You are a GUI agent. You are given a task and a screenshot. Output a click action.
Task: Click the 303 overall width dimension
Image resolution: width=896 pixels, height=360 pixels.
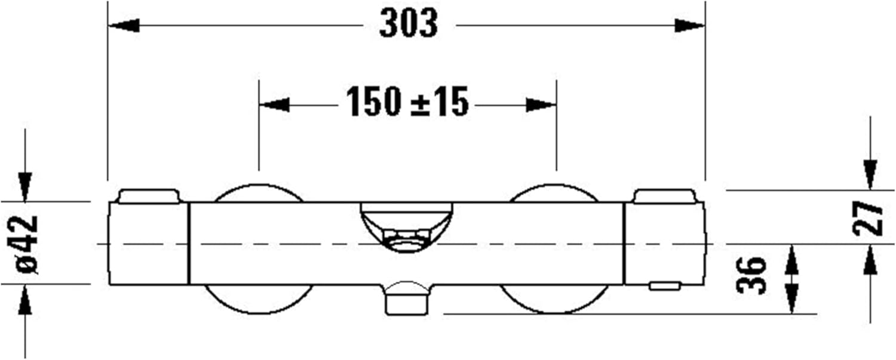point(409,24)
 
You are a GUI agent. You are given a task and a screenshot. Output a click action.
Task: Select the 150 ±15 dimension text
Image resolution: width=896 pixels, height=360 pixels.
point(407,101)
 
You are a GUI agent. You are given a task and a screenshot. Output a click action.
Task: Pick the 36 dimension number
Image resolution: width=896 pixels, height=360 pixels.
point(751,275)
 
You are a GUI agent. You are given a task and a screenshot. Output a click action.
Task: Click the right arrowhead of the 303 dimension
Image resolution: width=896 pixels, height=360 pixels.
point(689,26)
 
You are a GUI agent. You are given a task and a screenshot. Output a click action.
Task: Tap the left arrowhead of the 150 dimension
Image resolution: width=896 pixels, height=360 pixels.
point(274,105)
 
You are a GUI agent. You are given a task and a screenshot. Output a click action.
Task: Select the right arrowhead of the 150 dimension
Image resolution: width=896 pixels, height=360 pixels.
point(541,105)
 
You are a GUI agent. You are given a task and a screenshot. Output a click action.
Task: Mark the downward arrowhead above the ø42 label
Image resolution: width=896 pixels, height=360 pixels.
point(25,187)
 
